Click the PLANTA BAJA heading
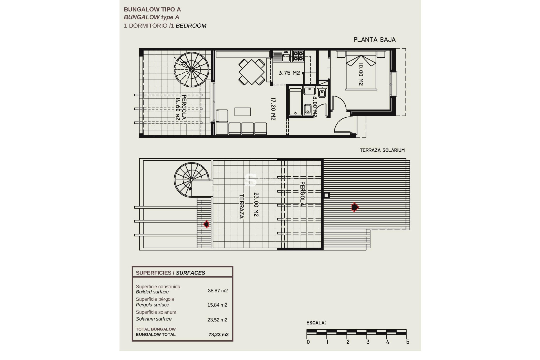374,40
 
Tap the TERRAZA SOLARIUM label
382,150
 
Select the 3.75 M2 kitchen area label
289,73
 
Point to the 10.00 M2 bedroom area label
361,74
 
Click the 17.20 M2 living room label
273,109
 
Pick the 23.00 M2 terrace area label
256,204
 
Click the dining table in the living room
252,72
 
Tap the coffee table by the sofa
242,112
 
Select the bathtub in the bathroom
295,102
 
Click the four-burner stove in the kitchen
298,56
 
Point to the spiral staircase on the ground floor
192,69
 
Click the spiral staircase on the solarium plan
191,179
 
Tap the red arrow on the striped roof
355,207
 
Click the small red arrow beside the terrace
206,224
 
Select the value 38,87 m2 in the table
218,291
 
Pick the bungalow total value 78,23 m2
219,334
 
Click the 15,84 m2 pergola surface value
217,305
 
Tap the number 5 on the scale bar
408,342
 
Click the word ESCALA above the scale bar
316,323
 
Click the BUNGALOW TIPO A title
152,10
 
